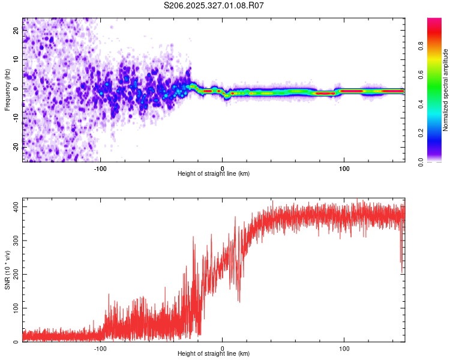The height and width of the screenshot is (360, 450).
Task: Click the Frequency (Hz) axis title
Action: tap(7, 89)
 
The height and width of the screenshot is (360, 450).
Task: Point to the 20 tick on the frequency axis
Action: tap(16, 31)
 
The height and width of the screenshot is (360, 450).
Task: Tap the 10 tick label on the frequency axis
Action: tap(16, 60)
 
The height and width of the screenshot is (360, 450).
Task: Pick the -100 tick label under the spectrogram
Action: tap(100, 167)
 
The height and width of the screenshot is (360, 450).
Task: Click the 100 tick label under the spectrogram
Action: tap(344, 167)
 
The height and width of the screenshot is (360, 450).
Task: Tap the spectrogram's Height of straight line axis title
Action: tap(214, 174)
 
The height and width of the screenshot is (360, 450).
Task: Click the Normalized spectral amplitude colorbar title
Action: tap(445, 90)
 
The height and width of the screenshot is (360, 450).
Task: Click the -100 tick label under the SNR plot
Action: tap(100, 347)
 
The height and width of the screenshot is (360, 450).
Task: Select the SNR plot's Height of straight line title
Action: tap(214, 354)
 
